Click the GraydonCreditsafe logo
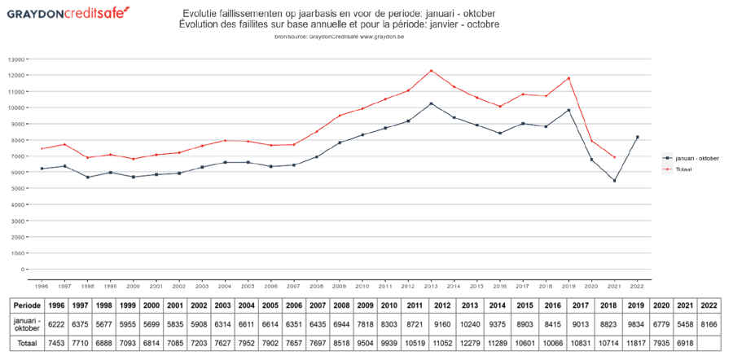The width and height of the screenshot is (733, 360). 67,14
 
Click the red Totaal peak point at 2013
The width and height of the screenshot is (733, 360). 431,71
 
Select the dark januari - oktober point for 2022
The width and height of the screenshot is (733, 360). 637,137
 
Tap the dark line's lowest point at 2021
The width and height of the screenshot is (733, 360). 615,181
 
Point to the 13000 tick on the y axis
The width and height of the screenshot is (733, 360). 16,59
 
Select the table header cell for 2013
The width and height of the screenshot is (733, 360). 470,305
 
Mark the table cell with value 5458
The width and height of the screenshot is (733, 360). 686,324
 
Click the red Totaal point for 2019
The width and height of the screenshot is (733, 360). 568,78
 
